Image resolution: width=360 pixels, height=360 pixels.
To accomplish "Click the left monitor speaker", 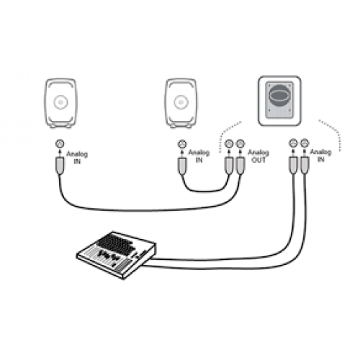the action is tap(60, 103).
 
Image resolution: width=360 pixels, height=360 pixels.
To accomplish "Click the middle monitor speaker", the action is tap(181, 103).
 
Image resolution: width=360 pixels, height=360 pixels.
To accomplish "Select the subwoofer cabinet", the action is tap(279, 101).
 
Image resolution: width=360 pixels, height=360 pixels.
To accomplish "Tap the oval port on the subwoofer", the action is tap(279, 94).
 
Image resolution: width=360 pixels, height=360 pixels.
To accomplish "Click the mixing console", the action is tap(117, 255).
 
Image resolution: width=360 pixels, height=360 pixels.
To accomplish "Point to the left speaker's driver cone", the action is tap(60, 103).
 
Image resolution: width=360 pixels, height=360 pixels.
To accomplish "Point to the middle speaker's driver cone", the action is tap(181, 103).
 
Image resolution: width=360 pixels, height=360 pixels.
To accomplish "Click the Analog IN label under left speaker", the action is tap(77, 158).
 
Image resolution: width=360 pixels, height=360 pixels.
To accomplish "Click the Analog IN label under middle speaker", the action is tap(199, 156).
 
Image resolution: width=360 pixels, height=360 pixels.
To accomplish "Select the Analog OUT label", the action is tap(258, 156).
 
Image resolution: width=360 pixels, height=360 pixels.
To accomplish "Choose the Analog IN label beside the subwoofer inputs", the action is tap(321, 156).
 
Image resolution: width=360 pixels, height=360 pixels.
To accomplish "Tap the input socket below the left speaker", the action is tap(60, 143).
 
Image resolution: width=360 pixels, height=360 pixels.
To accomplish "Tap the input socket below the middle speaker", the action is tap(182, 144).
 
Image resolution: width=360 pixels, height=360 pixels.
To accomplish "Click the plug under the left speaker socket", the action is tap(60, 166).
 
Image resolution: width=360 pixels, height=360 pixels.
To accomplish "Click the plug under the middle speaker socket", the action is tap(182, 166).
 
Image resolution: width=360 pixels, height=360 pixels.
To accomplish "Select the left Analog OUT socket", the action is tap(229, 143).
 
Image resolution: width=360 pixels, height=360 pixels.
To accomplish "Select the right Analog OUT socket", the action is tap(240, 143).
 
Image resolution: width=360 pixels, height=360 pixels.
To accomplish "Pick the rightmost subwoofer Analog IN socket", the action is tap(305, 143).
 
